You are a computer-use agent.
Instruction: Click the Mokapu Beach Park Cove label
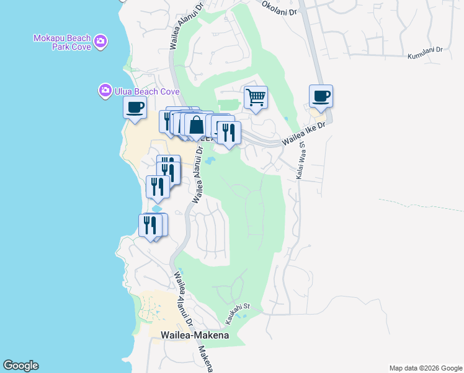62,42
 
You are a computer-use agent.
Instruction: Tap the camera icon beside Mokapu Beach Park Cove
101,42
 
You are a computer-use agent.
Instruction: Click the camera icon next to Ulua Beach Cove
105,91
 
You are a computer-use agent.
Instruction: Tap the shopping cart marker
256,98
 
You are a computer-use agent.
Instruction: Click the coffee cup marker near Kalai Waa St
321,96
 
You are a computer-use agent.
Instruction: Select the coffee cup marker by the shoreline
135,108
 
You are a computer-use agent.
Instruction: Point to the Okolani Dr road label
280,9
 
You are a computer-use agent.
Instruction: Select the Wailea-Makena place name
195,335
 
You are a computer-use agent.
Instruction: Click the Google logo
20,366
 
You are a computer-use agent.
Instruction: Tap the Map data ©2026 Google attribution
425,368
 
